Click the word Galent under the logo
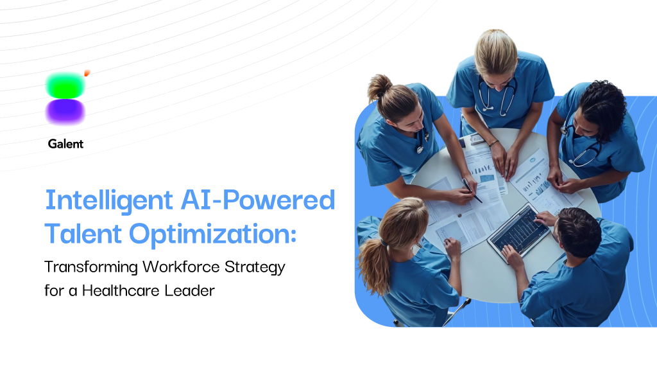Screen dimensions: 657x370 click(66, 144)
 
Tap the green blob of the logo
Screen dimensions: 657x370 click(65, 85)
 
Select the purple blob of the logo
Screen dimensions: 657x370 click(65, 112)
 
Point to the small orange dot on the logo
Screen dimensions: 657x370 click(87, 73)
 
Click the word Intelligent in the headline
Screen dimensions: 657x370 click(109, 201)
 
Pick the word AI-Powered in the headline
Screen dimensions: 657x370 click(258, 200)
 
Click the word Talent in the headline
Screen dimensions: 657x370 click(83, 233)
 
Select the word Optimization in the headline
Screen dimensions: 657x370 click(213, 234)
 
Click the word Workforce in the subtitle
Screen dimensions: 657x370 click(181, 267)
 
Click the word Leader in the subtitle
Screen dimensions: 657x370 click(189, 290)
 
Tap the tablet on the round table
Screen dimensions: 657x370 click(518, 233)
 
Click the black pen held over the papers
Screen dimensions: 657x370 click(472, 191)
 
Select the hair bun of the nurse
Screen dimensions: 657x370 click(379, 87)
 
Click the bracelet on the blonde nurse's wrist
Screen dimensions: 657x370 click(493, 143)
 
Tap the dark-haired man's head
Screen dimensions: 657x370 click(579, 231)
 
